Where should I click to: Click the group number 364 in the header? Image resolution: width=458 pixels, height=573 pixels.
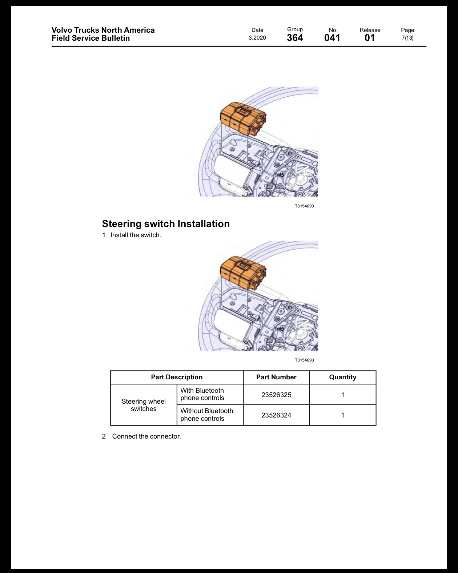pyautogui.click(x=295, y=38)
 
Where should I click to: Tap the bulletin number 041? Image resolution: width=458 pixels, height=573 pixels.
pyautogui.click(x=332, y=38)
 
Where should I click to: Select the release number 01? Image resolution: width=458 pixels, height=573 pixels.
pyautogui.click(x=370, y=38)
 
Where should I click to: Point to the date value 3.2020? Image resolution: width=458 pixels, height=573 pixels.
pyautogui.click(x=257, y=38)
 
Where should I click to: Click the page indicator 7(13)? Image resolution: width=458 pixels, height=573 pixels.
pyautogui.click(x=407, y=38)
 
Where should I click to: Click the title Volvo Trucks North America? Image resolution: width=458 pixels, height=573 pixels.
pyautogui.click(x=103, y=30)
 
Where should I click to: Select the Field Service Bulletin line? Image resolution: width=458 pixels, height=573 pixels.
pyautogui.click(x=91, y=38)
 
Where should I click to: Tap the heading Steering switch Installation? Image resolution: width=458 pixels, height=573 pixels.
pyautogui.click(x=166, y=224)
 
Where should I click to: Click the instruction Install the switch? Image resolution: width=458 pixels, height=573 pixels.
pyautogui.click(x=136, y=235)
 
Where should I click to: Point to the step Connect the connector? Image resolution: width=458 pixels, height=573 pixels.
pyautogui.click(x=146, y=436)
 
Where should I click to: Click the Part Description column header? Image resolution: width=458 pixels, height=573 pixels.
pyautogui.click(x=177, y=377)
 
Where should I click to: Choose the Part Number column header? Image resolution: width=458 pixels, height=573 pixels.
pyautogui.click(x=276, y=377)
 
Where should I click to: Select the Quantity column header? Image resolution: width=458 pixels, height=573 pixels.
pyautogui.click(x=343, y=377)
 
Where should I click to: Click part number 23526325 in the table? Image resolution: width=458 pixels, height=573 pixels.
pyautogui.click(x=276, y=395)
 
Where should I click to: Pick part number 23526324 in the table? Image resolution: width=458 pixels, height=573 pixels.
pyautogui.click(x=276, y=415)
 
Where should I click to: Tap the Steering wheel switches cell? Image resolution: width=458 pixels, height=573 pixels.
pyautogui.click(x=144, y=405)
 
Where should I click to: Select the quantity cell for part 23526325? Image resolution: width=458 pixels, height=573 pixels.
pyautogui.click(x=343, y=395)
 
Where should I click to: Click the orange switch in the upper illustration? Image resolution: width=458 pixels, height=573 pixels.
pyautogui.click(x=243, y=119)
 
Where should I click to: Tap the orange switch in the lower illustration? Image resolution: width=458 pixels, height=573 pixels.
pyautogui.click(x=243, y=273)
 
